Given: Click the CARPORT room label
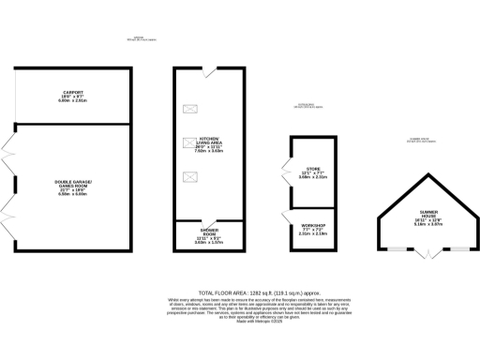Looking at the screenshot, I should [73, 92].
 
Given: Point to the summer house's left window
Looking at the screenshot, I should [397, 248].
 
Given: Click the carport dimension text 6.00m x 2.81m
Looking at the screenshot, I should [73, 100].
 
